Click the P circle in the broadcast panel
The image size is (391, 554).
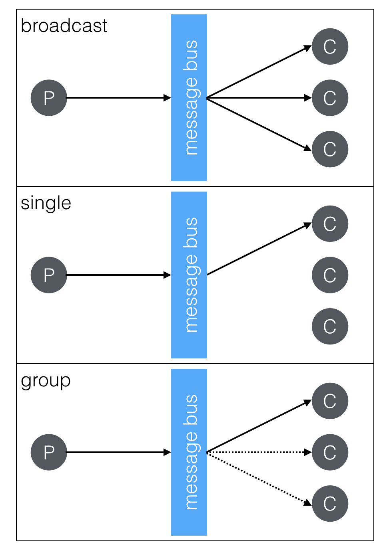coord(49,98)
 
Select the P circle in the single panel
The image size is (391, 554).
coord(49,275)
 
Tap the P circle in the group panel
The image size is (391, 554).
coord(49,452)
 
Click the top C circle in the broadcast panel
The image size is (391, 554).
coord(330,47)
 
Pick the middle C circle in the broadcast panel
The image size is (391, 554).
coord(330,98)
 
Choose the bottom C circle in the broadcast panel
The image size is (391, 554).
coord(330,149)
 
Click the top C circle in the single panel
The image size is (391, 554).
coord(330,224)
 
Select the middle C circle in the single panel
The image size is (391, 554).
coord(330,275)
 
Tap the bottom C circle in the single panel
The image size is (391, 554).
coord(330,326)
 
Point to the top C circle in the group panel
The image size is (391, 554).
coord(330,401)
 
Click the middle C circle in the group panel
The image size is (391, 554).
coord(330,452)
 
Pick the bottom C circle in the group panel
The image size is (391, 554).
coord(330,504)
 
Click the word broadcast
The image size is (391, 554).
coord(64,26)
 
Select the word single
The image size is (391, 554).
coord(46,204)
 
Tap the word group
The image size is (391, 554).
coord(46,381)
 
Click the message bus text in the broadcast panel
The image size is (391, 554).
coord(191,98)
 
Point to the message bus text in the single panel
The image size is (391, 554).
coord(191,275)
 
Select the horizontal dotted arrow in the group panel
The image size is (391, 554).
coord(258,452)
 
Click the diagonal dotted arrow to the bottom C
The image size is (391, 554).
coord(258,477)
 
